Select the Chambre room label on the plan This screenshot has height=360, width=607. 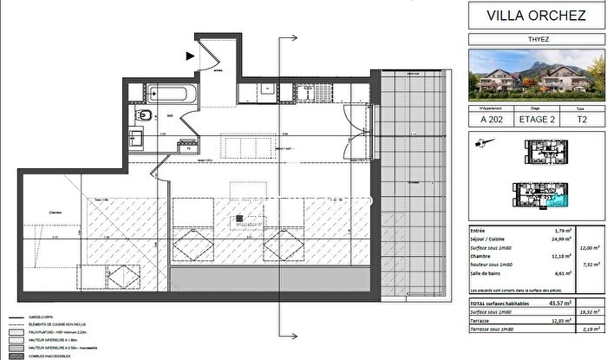[36, 213]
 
